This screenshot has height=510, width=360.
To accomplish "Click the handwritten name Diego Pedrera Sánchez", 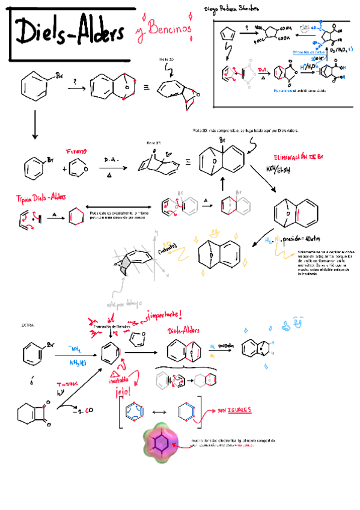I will coord(232,9).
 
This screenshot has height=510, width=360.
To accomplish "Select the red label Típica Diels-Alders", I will coord(41,198).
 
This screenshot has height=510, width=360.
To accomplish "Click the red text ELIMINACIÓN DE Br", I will coord(298,157).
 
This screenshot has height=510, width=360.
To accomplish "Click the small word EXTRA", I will coord(28,325).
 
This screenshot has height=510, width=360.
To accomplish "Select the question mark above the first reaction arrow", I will coord(75,81).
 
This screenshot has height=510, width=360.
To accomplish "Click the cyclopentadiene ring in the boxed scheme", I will coord(228,32).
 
